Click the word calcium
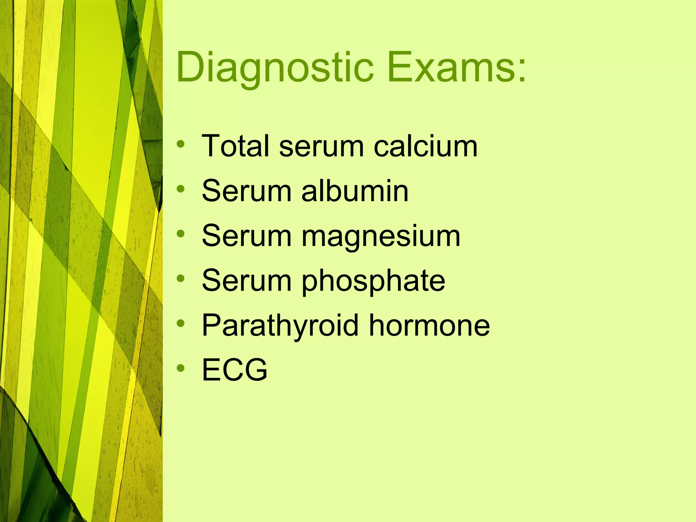pos(425,146)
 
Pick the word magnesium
pos(381,237)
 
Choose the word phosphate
pos(373,281)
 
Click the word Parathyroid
pos(280,326)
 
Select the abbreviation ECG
pos(234,369)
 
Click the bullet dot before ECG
pos(181,368)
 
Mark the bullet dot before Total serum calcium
pos(181,144)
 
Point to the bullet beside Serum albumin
pos(181,189)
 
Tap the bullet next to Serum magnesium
pos(181,233)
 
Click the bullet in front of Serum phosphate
pos(181,278)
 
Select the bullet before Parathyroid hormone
pos(181,323)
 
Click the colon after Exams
pos(522,71)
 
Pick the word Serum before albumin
pos(246,191)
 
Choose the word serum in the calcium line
pos(321,146)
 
